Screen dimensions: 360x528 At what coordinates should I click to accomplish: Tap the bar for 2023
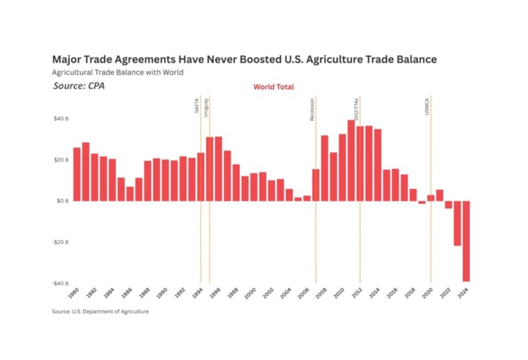coord(457,223)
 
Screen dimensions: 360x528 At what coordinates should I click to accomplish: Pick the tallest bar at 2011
coord(351,160)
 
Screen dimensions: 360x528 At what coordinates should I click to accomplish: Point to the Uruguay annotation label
coord(206,108)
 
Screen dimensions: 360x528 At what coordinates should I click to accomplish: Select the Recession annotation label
coord(312,109)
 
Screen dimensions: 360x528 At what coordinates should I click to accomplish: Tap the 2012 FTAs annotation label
coord(356,109)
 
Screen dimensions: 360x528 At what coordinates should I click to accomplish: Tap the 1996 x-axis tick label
coord(216,293)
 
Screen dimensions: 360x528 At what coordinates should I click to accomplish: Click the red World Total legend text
coord(274,87)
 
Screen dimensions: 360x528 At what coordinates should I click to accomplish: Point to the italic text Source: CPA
coord(79,86)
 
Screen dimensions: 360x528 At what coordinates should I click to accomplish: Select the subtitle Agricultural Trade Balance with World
coord(118,72)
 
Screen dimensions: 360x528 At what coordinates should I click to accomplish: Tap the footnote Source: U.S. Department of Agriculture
coord(100,311)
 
